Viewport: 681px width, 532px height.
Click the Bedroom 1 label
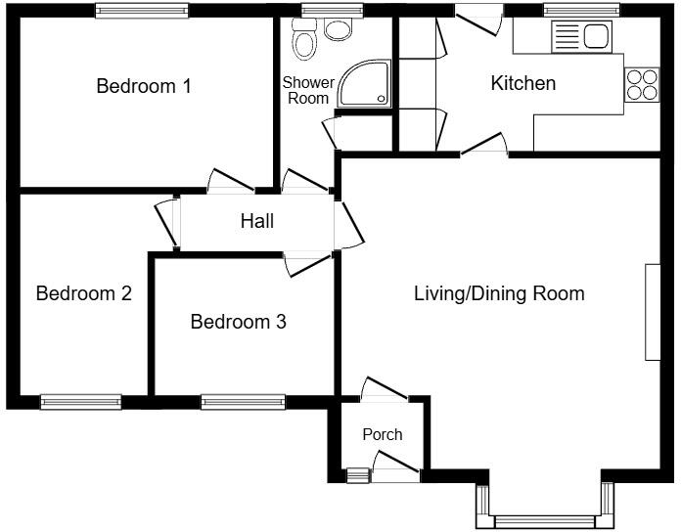tap(143, 86)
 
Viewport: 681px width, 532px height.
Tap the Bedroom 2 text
tap(83, 293)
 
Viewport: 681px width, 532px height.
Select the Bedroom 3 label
tap(238, 322)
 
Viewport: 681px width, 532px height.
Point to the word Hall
tap(257, 222)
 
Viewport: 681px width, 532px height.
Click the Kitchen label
tap(522, 84)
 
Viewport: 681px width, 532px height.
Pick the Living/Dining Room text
tap(499, 293)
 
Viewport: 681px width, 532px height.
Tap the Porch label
tap(382, 434)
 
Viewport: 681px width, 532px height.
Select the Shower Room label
tap(307, 91)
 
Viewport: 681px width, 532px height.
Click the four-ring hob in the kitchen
tap(641, 84)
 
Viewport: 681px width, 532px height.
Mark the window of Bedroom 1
tap(143, 10)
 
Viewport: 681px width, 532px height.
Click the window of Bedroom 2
tap(81, 401)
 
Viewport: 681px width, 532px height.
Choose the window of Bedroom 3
tap(243, 401)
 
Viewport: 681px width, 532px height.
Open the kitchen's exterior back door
tap(478, 16)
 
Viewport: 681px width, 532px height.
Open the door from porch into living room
tap(384, 390)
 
